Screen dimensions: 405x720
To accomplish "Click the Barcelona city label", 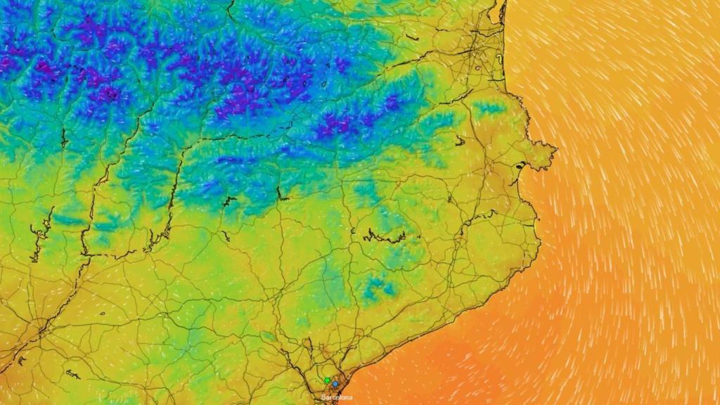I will (x=337, y=397).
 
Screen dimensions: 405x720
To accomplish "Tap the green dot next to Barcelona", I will (x=327, y=380).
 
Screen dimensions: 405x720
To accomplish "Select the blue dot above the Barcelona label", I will (x=335, y=384).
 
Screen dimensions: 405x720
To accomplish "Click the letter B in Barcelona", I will (x=323, y=397).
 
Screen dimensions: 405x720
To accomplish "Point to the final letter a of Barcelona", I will (x=351, y=397).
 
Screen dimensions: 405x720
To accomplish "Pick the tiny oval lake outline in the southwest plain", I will (x=101, y=314).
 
